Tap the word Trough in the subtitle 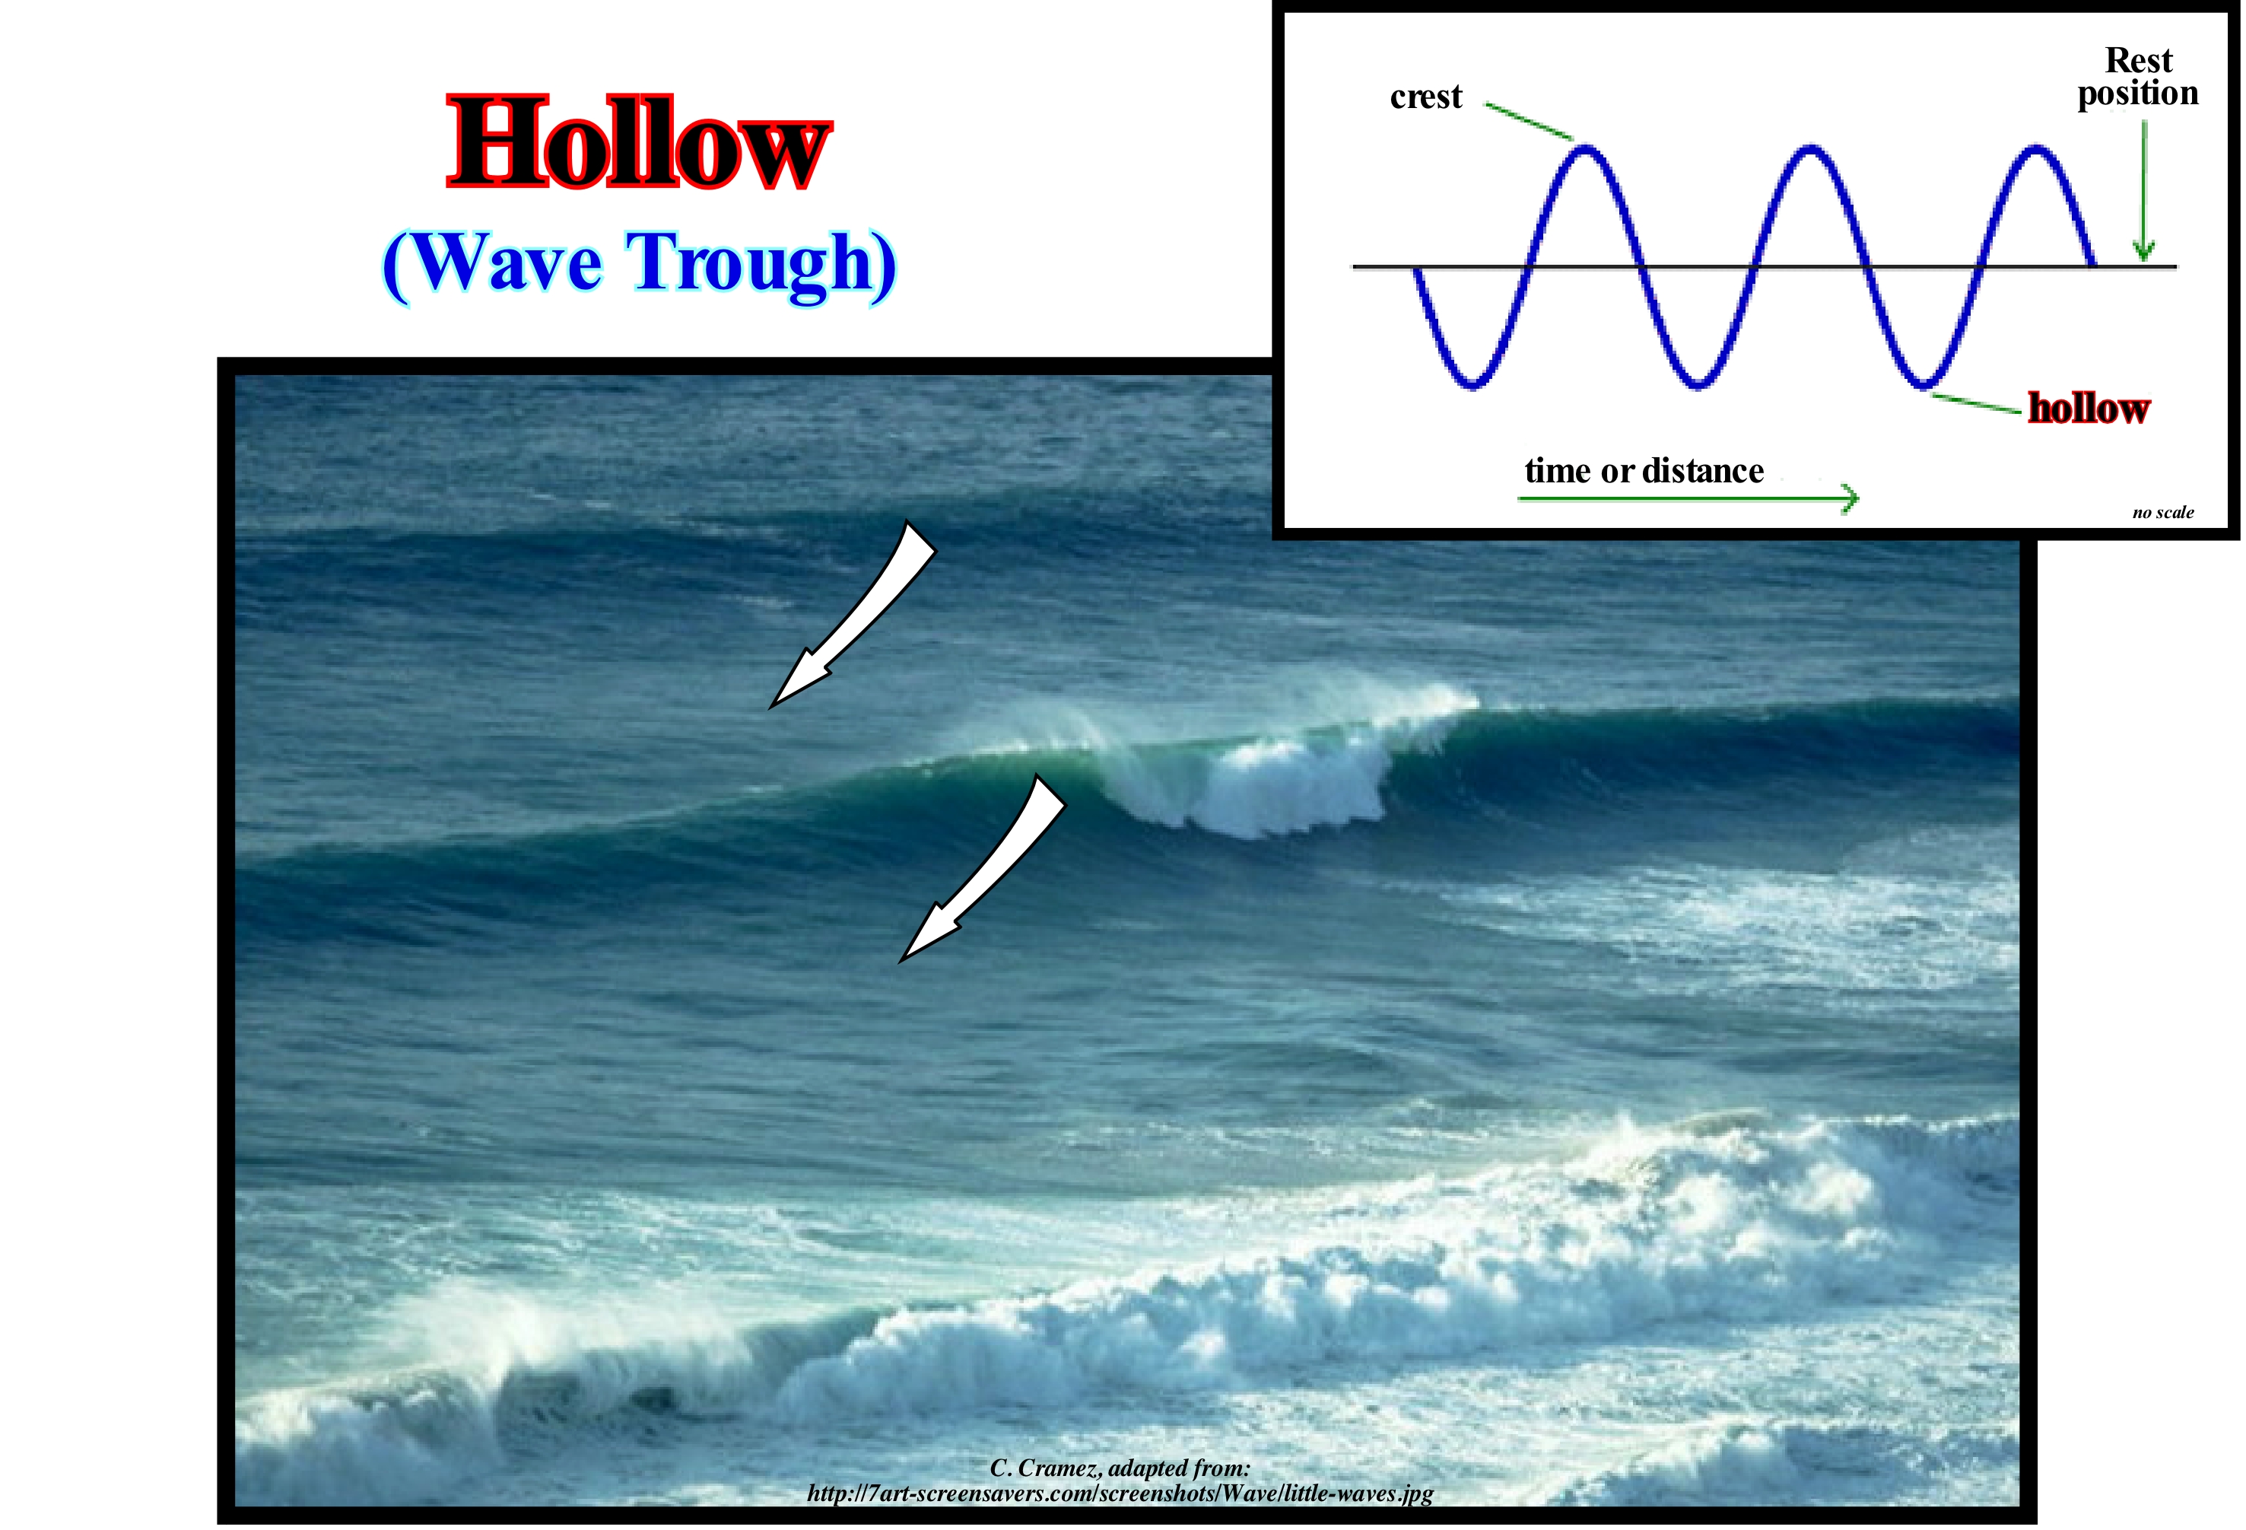[x=750, y=265]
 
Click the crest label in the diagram [x=1425, y=97]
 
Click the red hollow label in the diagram [x=2089, y=408]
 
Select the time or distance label [x=1644, y=471]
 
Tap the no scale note [x=2163, y=512]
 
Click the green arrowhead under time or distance [x=1850, y=499]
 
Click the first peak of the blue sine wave [x=1585, y=148]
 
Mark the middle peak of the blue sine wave [x=1810, y=148]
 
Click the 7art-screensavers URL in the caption [x=1120, y=1493]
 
